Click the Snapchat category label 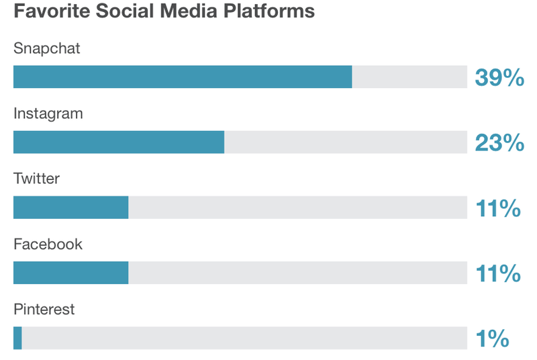pyautogui.click(x=47, y=48)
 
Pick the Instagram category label pyautogui.click(x=48, y=114)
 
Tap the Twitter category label pyautogui.click(x=37, y=179)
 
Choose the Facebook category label pyautogui.click(x=48, y=244)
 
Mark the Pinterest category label pyautogui.click(x=44, y=310)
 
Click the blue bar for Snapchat pyautogui.click(x=183, y=77)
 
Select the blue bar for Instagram pyautogui.click(x=119, y=142)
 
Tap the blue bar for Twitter pyautogui.click(x=70, y=207)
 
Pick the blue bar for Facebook pyautogui.click(x=70, y=273)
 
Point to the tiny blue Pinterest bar pyautogui.click(x=17, y=338)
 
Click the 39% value pyautogui.click(x=499, y=77)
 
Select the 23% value pyautogui.click(x=499, y=142)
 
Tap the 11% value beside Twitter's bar pyautogui.click(x=498, y=208)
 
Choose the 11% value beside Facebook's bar pyautogui.click(x=498, y=273)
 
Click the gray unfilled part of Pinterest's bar pyautogui.click(x=244, y=338)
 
